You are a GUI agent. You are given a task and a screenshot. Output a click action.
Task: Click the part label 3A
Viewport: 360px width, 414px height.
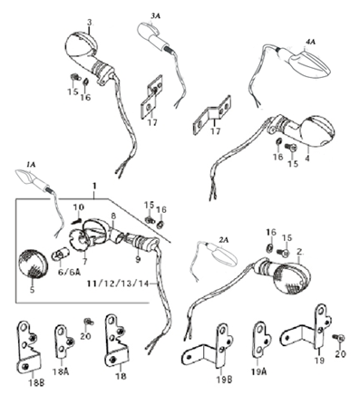point(155,16)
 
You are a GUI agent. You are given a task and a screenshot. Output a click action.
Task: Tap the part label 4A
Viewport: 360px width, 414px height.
point(310,42)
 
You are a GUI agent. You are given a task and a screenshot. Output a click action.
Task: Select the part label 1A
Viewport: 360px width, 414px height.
point(31,165)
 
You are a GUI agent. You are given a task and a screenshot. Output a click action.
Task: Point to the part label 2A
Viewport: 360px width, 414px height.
point(224,240)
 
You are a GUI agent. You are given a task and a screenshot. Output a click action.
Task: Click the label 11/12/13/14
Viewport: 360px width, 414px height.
point(118,284)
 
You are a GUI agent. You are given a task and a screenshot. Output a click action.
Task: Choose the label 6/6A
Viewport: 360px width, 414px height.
point(69,272)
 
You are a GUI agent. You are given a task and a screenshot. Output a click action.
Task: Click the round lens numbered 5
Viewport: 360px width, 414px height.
point(33,264)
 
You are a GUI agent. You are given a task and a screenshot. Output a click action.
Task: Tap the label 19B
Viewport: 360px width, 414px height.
point(224,380)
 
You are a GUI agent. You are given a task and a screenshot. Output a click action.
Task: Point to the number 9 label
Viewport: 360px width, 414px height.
point(138,259)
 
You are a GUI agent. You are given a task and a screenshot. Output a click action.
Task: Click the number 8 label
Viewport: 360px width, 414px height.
point(113,216)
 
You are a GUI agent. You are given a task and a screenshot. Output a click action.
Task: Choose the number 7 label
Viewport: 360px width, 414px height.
point(84,262)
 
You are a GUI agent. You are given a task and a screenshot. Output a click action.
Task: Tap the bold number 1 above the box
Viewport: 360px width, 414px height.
point(94,186)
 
